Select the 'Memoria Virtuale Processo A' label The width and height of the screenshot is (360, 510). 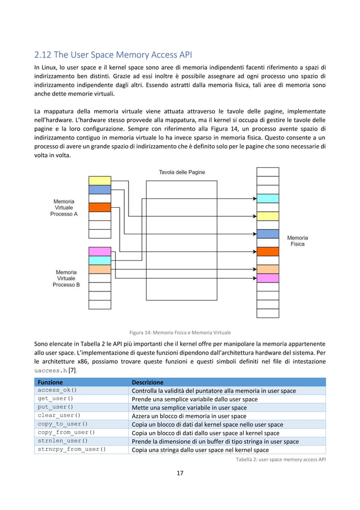tap(64, 207)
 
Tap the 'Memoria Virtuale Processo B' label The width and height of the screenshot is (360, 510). tap(66, 278)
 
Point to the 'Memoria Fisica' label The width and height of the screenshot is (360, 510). tap(297, 241)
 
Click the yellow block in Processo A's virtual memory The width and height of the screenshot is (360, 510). tap(100, 181)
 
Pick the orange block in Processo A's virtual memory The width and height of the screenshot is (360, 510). tap(100, 207)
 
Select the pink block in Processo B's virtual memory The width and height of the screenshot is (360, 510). tap(100, 251)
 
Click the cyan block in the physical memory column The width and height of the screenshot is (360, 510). tap(267, 198)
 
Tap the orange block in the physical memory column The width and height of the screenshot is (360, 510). tap(267, 251)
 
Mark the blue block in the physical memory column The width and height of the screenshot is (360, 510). tap(267, 234)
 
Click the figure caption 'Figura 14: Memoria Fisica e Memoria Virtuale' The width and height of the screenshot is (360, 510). tap(180, 332)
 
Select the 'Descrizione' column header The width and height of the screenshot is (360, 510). tap(147, 382)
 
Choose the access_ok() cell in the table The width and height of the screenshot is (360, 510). tap(57, 390)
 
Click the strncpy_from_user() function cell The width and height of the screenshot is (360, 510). tap(72, 450)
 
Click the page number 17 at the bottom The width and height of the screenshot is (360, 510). tap(180, 473)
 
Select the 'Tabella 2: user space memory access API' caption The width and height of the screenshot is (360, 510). tap(280, 459)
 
